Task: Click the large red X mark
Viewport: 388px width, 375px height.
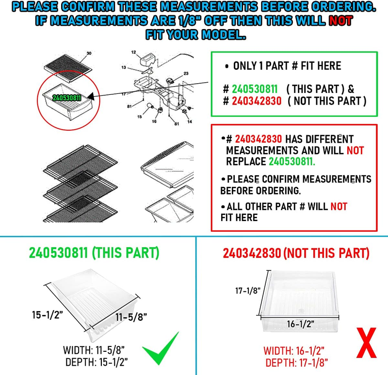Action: [367, 343]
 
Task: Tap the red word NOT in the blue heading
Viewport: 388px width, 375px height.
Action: [340, 21]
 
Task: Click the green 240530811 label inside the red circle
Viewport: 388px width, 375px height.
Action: [66, 98]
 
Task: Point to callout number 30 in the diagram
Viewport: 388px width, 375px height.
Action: [89, 53]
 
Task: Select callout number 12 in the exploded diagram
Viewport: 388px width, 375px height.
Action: [134, 52]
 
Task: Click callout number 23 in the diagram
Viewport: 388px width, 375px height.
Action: [186, 74]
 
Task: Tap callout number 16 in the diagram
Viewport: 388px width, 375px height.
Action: [154, 121]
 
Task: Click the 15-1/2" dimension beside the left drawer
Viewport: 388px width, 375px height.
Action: [47, 315]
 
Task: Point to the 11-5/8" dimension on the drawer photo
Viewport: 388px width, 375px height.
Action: [131, 317]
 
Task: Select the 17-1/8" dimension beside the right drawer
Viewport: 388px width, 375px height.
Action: [248, 291]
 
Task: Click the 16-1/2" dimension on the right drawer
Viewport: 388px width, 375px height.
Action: [300, 324]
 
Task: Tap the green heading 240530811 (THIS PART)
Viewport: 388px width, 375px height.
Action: [94, 253]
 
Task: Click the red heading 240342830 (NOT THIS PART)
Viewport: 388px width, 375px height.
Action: [296, 253]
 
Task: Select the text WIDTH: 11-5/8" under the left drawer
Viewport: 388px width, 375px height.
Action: [94, 350]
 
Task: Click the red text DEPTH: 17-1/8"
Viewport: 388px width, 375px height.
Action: [296, 363]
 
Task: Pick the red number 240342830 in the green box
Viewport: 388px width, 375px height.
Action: [257, 101]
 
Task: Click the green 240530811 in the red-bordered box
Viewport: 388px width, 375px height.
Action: [292, 162]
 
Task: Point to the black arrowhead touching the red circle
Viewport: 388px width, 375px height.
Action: [91, 96]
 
